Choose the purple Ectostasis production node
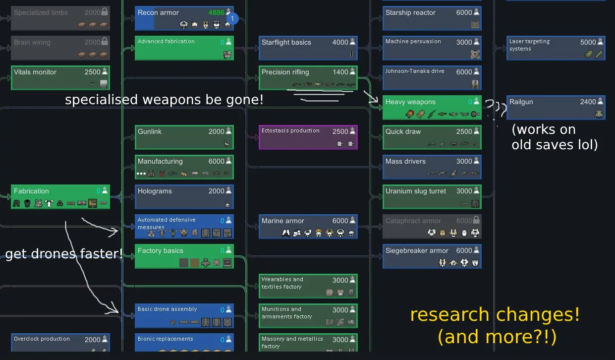click(307, 137)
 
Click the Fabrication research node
click(60, 197)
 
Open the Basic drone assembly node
click(184, 316)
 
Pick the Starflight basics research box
click(307, 48)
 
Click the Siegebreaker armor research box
click(431, 256)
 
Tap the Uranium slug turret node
click(431, 197)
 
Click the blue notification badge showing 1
click(232, 19)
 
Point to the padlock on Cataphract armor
click(476, 220)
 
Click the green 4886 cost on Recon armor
click(216, 12)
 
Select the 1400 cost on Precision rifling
click(340, 72)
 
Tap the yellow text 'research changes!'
click(495, 315)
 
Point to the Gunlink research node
click(184, 137)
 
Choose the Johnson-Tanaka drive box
click(431, 78)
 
